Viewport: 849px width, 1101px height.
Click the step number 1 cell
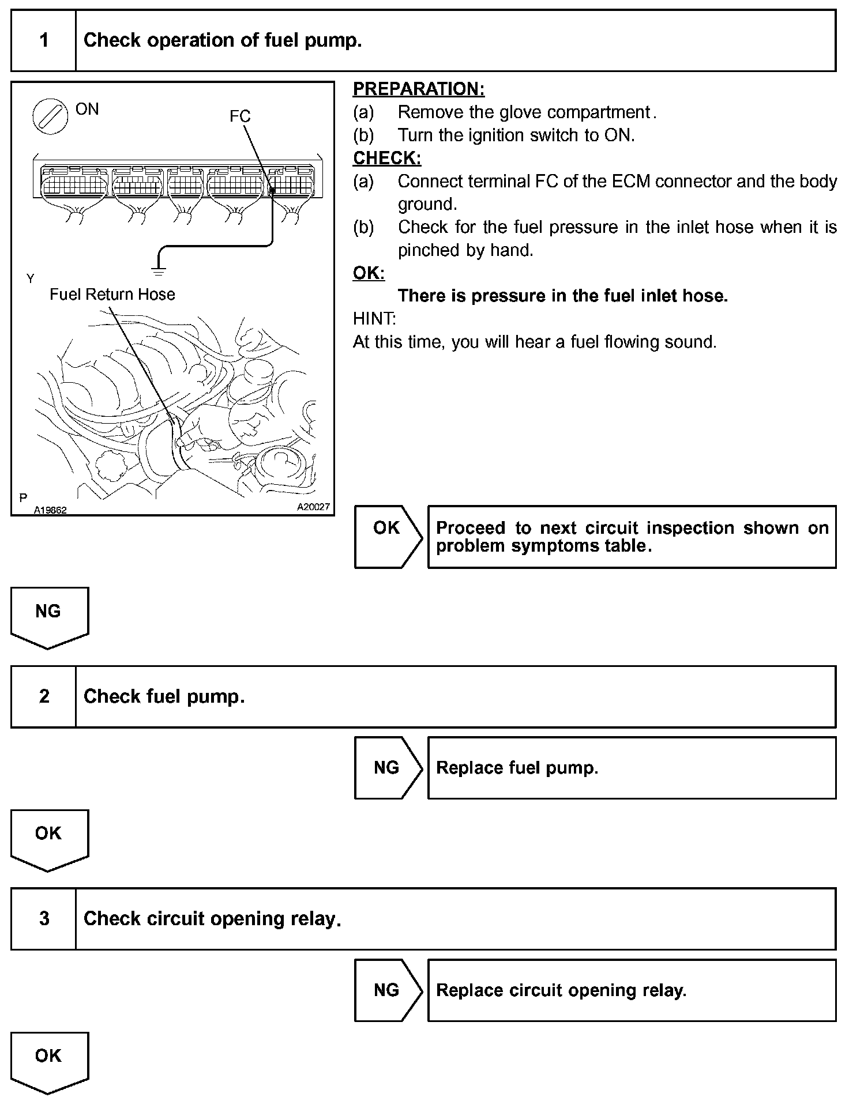(x=44, y=40)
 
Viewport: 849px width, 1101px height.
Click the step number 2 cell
(x=44, y=696)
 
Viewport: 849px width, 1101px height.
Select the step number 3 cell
(x=44, y=918)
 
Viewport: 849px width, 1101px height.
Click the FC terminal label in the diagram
(x=240, y=116)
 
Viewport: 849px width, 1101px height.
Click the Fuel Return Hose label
(x=112, y=295)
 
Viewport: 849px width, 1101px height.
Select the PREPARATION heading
(x=419, y=89)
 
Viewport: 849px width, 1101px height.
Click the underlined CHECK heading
(x=387, y=158)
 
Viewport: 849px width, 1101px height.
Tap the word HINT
(x=374, y=319)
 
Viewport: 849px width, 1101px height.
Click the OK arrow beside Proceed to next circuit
(x=388, y=536)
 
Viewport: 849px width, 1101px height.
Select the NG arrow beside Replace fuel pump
(x=388, y=767)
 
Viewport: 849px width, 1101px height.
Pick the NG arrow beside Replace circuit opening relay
(x=388, y=990)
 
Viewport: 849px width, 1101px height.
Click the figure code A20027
(x=313, y=507)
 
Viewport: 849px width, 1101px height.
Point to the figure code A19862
(x=50, y=510)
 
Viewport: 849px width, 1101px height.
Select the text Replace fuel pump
(x=517, y=768)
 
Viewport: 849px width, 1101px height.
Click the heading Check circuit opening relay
(x=212, y=918)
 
